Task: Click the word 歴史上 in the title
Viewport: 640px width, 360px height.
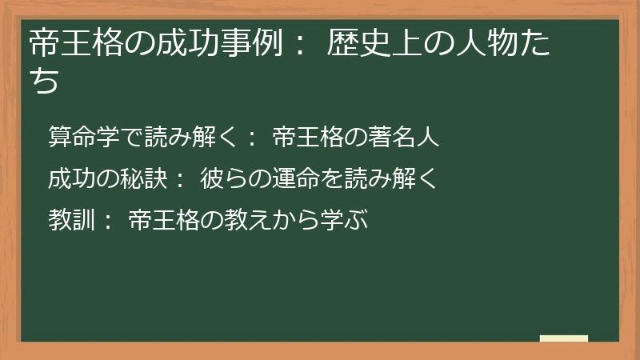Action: click(374, 44)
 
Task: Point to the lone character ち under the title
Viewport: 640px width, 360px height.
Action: click(45, 80)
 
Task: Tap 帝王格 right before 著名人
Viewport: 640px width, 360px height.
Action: click(308, 138)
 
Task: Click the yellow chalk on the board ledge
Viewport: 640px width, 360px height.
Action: click(563, 339)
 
